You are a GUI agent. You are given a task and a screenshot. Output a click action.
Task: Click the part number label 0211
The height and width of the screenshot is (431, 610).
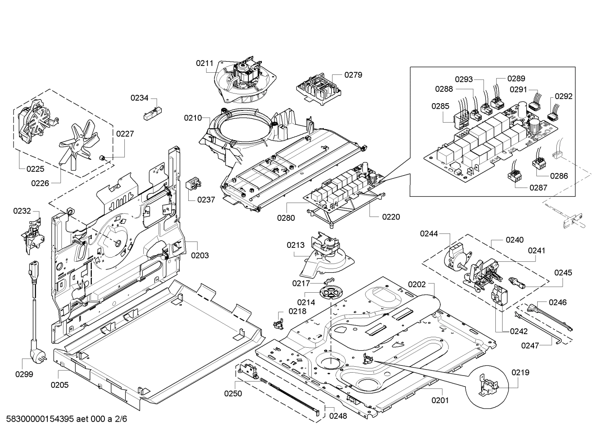click(x=204, y=63)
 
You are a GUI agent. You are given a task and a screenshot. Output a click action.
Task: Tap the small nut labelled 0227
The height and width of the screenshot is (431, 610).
click(x=102, y=158)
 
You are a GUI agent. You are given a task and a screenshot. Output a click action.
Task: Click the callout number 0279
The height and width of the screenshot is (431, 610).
click(x=353, y=75)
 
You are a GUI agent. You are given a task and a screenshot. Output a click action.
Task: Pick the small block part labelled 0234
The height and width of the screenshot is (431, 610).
click(x=153, y=113)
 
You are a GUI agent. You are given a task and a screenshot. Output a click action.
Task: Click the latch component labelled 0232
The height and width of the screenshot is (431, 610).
click(x=33, y=236)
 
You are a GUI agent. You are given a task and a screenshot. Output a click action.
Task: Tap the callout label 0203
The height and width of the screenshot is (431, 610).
click(x=200, y=255)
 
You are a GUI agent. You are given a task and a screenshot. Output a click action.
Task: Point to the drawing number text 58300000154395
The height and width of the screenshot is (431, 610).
click(x=40, y=419)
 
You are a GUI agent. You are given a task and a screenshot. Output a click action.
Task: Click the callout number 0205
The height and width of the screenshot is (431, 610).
click(x=60, y=385)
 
